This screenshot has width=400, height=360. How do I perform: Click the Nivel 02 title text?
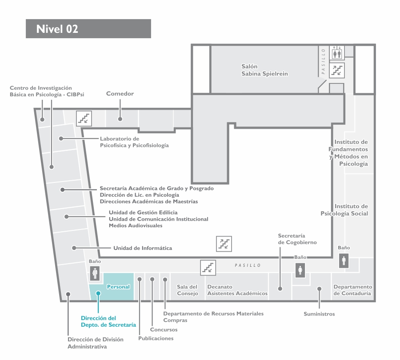(x=57, y=29)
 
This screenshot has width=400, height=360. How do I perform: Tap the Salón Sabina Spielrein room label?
(x=264, y=70)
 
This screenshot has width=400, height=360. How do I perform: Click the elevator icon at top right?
(x=337, y=53)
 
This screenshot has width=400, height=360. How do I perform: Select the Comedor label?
(x=120, y=94)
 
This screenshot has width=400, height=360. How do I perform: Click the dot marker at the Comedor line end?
(x=120, y=119)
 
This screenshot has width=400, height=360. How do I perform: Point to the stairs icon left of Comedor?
(x=84, y=119)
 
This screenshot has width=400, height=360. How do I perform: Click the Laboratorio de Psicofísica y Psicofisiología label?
(x=134, y=142)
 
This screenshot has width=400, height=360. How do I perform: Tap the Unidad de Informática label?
(x=143, y=248)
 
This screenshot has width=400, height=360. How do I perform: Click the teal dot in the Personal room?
(x=98, y=293)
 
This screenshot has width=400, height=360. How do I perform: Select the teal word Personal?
(x=118, y=287)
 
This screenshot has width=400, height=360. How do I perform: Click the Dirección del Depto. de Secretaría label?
(x=108, y=321)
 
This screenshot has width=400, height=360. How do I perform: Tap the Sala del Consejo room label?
(x=188, y=290)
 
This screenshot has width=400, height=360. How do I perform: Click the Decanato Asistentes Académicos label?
(x=237, y=290)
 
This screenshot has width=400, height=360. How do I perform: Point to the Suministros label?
(x=319, y=314)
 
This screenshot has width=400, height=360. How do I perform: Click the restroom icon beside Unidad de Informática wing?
(x=95, y=273)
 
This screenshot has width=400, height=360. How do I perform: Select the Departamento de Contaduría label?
(x=353, y=290)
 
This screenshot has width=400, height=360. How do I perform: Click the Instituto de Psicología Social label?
(x=344, y=210)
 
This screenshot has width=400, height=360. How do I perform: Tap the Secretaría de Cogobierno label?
(x=297, y=239)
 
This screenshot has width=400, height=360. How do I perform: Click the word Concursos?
(x=164, y=329)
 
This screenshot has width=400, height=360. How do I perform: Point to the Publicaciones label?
(x=156, y=338)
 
